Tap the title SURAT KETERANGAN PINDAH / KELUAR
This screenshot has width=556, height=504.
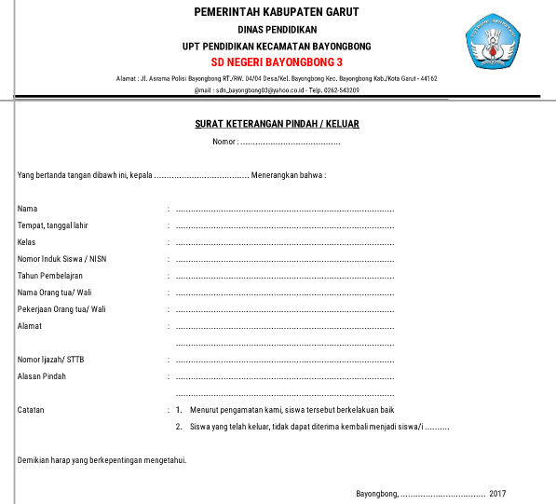pos(277,123)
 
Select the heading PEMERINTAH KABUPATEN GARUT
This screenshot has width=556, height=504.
pos(277,12)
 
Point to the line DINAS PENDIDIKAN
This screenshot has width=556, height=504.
pos(277,30)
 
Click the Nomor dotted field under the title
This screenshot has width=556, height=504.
pos(289,143)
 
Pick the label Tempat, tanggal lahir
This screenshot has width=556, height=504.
pos(52,225)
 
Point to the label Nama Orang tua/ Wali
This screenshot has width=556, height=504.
pos(55,293)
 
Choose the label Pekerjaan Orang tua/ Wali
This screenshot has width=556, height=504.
pos(61,309)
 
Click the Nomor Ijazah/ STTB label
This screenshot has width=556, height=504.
pos(56,360)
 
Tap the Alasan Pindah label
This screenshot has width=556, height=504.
pos(42,376)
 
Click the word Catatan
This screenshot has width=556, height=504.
pos(31,410)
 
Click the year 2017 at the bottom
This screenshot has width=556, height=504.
pos(496,493)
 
